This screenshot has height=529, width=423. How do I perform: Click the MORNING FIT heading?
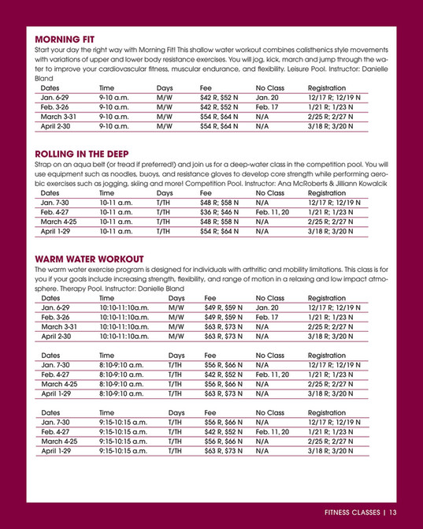click(x=72, y=38)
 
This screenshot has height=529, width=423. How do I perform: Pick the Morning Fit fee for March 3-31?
click(x=221, y=115)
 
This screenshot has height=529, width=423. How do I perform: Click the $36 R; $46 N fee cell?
click(x=221, y=212)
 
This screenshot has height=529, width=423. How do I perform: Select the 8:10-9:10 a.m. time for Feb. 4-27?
click(x=122, y=374)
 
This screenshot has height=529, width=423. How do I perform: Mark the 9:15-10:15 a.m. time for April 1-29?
click(x=124, y=452)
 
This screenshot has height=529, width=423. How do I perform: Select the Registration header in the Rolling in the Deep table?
click(x=327, y=192)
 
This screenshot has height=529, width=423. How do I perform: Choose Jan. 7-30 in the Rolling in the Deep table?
click(x=54, y=203)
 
